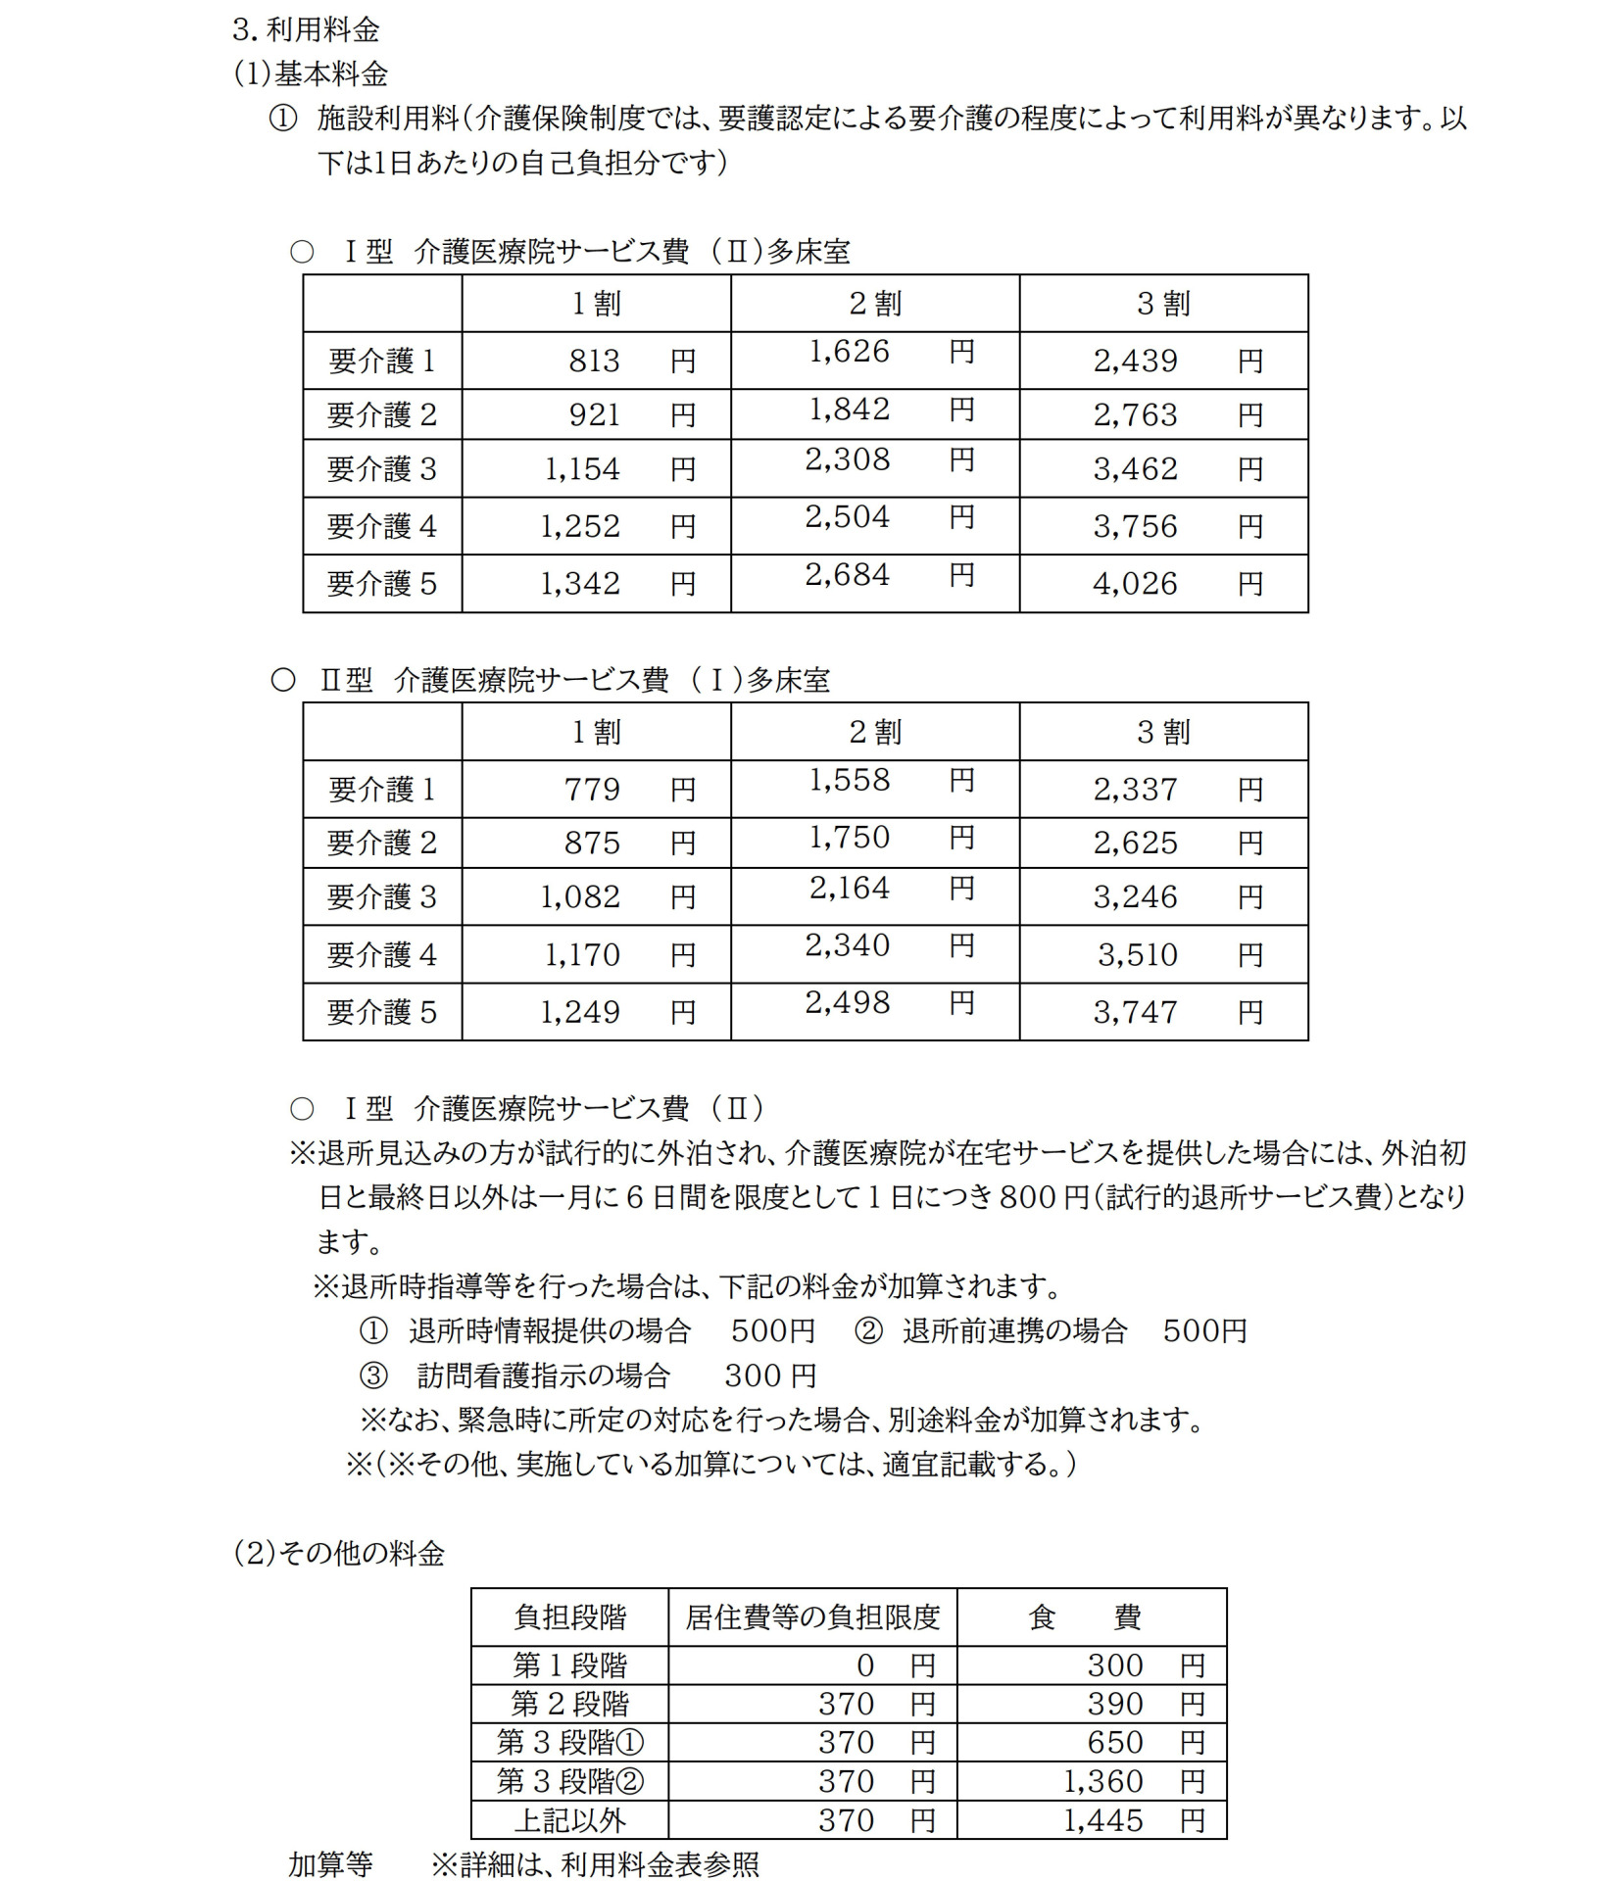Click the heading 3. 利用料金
click(x=306, y=29)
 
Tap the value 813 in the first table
click(x=594, y=362)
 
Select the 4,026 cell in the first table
click(x=1135, y=585)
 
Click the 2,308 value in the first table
click(x=848, y=459)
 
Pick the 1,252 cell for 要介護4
click(x=580, y=527)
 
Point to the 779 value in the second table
click(x=592, y=790)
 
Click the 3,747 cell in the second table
click(x=1135, y=1013)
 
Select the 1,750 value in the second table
click(x=849, y=839)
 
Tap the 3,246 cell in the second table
click(x=1135, y=897)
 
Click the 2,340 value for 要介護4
click(x=848, y=946)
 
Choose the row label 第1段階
click(x=569, y=1664)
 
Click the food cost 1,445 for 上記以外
click(x=1103, y=1820)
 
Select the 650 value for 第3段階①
click(x=1115, y=1742)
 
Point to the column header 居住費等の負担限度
click(x=812, y=1616)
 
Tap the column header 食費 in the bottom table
click(x=1085, y=1616)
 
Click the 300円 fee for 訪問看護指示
click(x=770, y=1376)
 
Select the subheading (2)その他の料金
click(x=339, y=1553)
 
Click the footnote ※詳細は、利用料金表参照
click(x=595, y=1863)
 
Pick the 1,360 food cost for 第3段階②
click(x=1103, y=1781)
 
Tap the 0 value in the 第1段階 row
click(x=864, y=1664)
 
